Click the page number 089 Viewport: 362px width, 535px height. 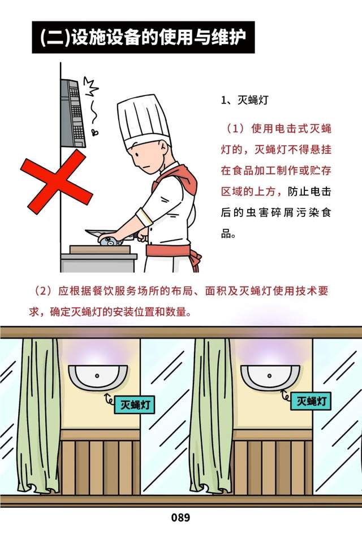click(x=180, y=517)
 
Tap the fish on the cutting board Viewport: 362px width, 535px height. click(x=110, y=241)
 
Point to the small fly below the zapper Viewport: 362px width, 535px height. click(x=94, y=132)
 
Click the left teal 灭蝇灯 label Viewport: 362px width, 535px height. click(x=135, y=404)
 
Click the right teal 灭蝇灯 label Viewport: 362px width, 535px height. click(x=311, y=401)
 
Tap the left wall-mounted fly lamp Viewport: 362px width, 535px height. click(x=98, y=377)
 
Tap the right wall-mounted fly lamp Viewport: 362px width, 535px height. click(x=270, y=377)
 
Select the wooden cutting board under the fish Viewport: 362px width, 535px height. click(x=100, y=249)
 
